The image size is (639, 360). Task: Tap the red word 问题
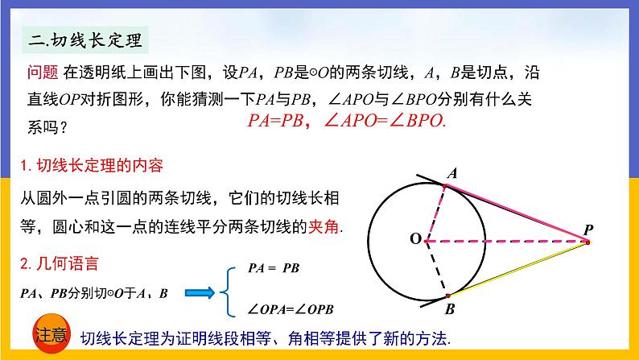click(x=41, y=75)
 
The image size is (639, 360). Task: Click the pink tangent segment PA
click(x=519, y=213)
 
